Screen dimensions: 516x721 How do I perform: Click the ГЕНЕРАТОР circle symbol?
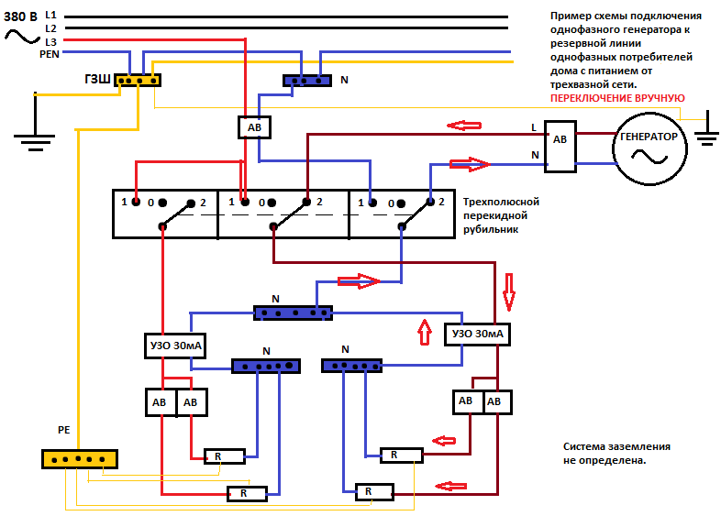coord(649,147)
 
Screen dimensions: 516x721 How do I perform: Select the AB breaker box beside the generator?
coord(559,147)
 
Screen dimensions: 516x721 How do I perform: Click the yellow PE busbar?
coord(79,458)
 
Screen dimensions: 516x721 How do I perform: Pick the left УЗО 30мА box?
coord(173,346)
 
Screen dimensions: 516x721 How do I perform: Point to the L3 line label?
coord(50,41)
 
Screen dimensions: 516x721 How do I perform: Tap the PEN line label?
coord(50,54)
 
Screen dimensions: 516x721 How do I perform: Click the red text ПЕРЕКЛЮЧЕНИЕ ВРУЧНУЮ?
coord(616,97)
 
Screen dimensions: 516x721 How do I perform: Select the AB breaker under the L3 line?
coord(254,127)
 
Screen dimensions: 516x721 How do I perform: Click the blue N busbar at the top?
coord(306,81)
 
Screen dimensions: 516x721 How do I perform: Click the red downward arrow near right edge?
coord(509,302)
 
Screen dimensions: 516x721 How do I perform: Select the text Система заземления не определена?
coord(616,454)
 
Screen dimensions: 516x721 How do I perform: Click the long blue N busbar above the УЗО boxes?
coord(293,313)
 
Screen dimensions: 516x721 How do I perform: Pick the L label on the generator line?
coord(534,127)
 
